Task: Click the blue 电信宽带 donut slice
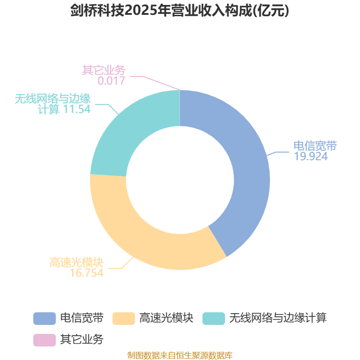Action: coord(248,165)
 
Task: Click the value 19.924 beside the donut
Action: coord(311,156)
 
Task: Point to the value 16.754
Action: coord(86,273)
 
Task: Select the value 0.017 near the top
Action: coord(111,81)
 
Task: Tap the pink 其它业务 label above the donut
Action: coord(104,70)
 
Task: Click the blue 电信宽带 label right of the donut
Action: coord(315,146)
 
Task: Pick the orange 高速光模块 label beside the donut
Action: coord(76,262)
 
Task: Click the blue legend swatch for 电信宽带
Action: coord(45,319)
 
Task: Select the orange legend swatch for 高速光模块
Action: coord(123,319)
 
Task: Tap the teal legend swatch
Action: coord(213,319)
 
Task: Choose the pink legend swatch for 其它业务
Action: coord(45,340)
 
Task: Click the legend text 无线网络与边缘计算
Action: coord(278,318)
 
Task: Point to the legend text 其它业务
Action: coord(82,339)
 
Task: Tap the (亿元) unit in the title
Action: coord(271,10)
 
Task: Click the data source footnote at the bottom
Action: coord(180,355)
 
